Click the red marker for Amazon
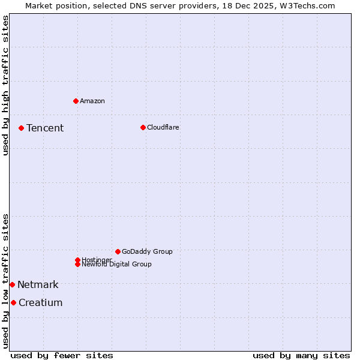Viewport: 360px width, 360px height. (x=76, y=101)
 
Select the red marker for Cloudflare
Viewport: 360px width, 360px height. (x=143, y=127)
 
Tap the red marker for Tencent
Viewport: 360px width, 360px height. (x=21, y=128)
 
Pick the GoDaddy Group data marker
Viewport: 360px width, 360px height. (x=118, y=251)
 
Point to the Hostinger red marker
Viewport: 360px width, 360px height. (x=77, y=260)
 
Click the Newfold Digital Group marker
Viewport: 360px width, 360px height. (x=77, y=264)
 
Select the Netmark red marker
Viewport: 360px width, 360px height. (x=12, y=284)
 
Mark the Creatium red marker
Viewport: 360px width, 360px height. (x=13, y=302)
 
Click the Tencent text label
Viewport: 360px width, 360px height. (x=45, y=128)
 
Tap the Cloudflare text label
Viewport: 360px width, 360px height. (x=163, y=127)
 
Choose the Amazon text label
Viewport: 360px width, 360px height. (x=92, y=101)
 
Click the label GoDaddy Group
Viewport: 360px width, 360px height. (x=147, y=251)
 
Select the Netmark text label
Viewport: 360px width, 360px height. (x=38, y=284)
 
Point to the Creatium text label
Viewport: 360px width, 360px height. (x=40, y=302)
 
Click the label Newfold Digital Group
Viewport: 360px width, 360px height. (x=116, y=264)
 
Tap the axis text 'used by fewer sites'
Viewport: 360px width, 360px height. (x=62, y=355)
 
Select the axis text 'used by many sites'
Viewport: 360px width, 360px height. (x=301, y=355)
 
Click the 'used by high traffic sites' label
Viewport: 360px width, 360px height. (x=5, y=85)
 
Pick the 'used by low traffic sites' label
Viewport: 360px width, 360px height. (x=5, y=281)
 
